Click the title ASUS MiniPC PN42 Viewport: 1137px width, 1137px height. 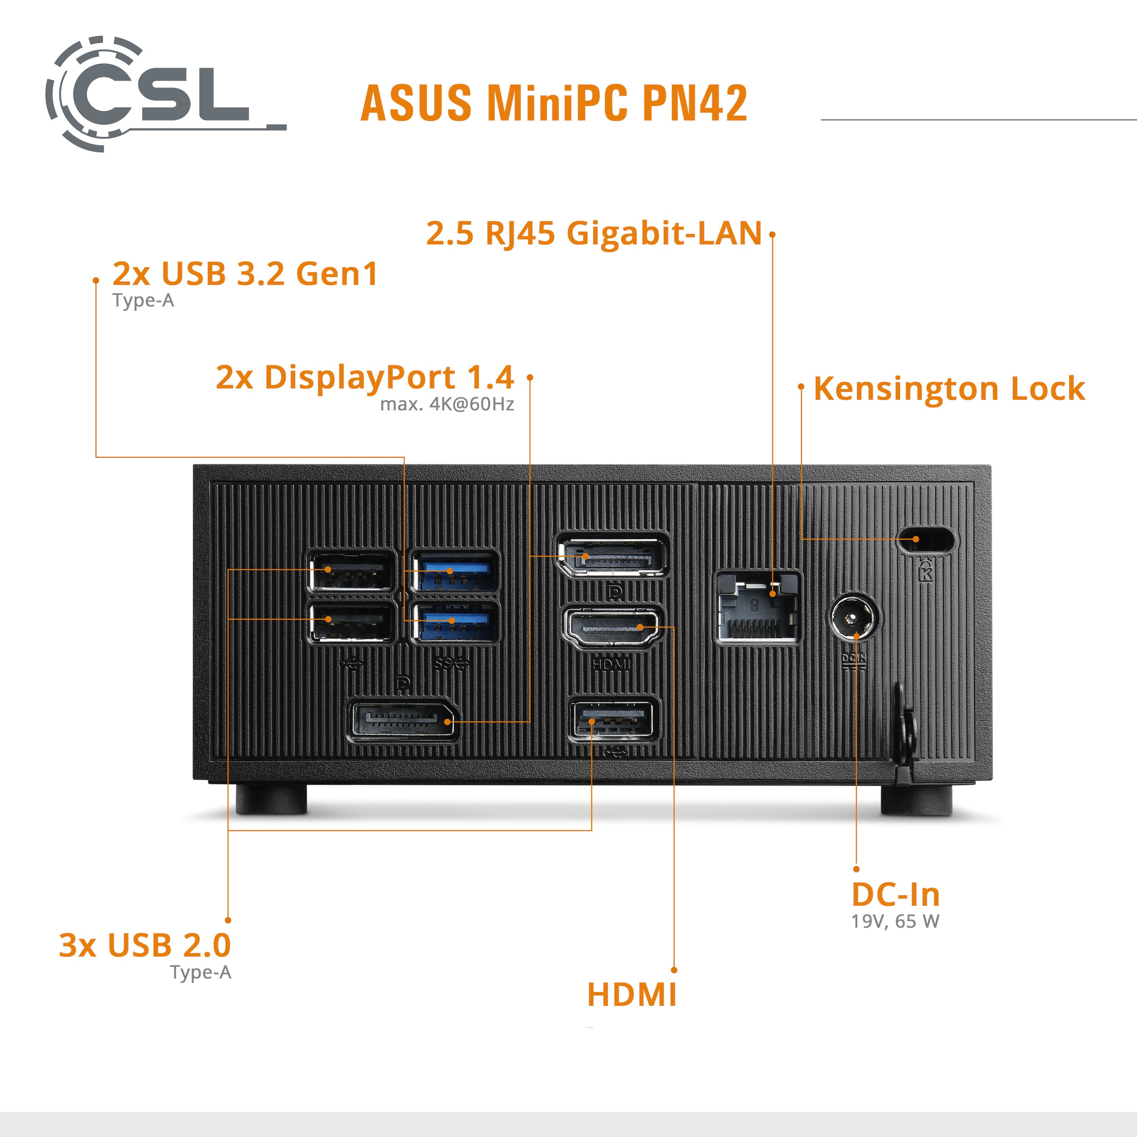(553, 103)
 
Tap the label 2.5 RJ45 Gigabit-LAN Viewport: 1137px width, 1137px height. (593, 233)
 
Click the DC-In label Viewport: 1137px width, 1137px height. (895, 895)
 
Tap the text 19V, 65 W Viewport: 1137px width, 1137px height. (895, 921)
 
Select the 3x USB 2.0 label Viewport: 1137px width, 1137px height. (145, 946)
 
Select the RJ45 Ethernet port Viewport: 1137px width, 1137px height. (758, 607)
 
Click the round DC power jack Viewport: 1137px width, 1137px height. (855, 619)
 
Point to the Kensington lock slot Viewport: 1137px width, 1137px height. (925, 539)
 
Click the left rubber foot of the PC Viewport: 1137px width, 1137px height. (271, 799)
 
